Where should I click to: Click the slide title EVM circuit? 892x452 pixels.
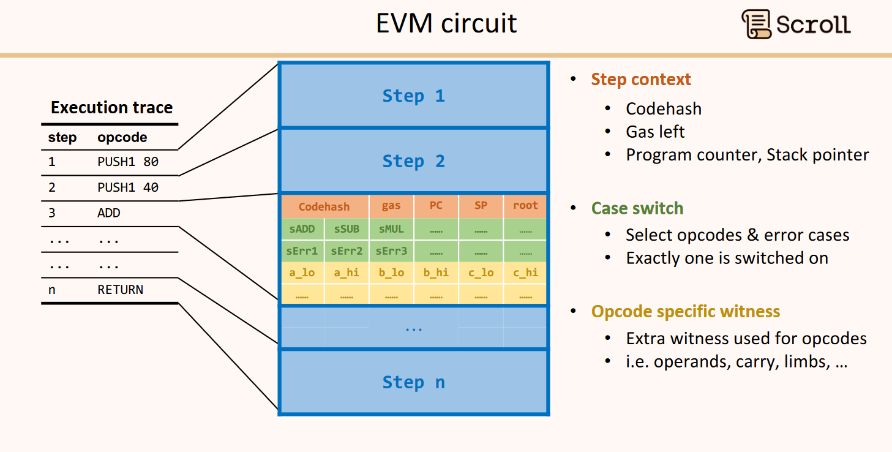coord(446,23)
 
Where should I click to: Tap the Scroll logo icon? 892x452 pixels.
coord(756,24)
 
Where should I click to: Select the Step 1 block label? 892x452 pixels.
coord(413,96)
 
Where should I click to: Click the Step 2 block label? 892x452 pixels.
coord(413,161)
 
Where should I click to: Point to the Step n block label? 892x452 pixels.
coord(413,382)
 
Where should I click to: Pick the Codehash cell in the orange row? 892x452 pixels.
coord(324,206)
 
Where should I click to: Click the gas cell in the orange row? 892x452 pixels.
coord(391,206)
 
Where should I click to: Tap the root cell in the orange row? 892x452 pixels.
coord(525,206)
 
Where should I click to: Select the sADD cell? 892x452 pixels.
coord(302,229)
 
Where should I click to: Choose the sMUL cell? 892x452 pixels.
coord(391,229)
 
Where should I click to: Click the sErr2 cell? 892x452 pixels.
coord(347,251)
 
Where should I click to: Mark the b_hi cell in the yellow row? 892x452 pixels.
coord(436,273)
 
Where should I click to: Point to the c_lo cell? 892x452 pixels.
coord(481,273)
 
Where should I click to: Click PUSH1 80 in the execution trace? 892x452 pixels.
coord(128,162)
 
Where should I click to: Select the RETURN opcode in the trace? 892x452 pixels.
coord(120,290)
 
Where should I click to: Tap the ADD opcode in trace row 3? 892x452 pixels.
coord(109,213)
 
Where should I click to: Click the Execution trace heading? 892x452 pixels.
coord(111,108)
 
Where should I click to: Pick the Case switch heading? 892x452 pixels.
coord(637,208)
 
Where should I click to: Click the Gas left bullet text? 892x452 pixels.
coord(655,132)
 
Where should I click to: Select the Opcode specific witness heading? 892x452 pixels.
coord(685,311)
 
